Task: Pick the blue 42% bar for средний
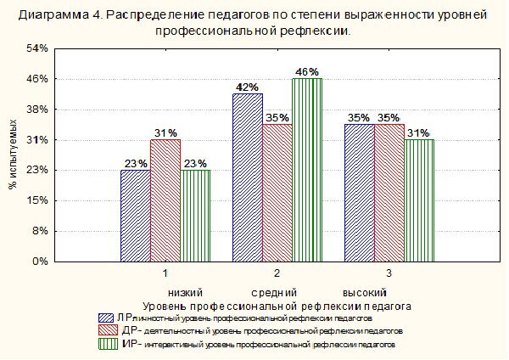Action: pyautogui.click(x=247, y=177)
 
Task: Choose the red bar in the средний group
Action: pyautogui.click(x=277, y=193)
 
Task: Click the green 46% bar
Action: pyautogui.click(x=307, y=170)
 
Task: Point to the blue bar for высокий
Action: pyautogui.click(x=359, y=193)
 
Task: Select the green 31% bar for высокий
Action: pyautogui.click(x=419, y=200)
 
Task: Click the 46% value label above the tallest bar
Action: pyautogui.click(x=307, y=71)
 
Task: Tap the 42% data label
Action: pyautogui.click(x=247, y=87)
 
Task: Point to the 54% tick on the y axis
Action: pyautogui.click(x=37, y=48)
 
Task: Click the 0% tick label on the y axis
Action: pyautogui.click(x=40, y=262)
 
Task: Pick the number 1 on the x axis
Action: pyautogui.click(x=165, y=274)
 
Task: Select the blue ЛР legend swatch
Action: pyautogui.click(x=108, y=317)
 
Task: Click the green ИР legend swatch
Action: pyautogui.click(x=108, y=344)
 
